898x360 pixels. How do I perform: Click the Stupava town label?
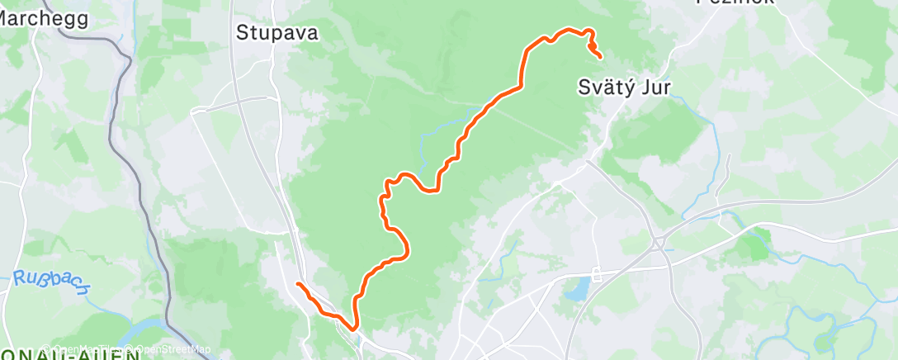pyautogui.click(x=277, y=33)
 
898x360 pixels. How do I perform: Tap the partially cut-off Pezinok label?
pyautogui.click(x=735, y=2)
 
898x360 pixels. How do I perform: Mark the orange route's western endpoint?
pyautogui.click(x=298, y=285)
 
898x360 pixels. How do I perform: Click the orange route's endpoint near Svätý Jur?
pyautogui.click(x=599, y=56)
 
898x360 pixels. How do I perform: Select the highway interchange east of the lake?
pyautogui.click(x=659, y=242)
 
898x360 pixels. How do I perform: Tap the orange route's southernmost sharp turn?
pyautogui.click(x=355, y=327)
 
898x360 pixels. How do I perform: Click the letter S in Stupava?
pyautogui.click(x=243, y=33)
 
